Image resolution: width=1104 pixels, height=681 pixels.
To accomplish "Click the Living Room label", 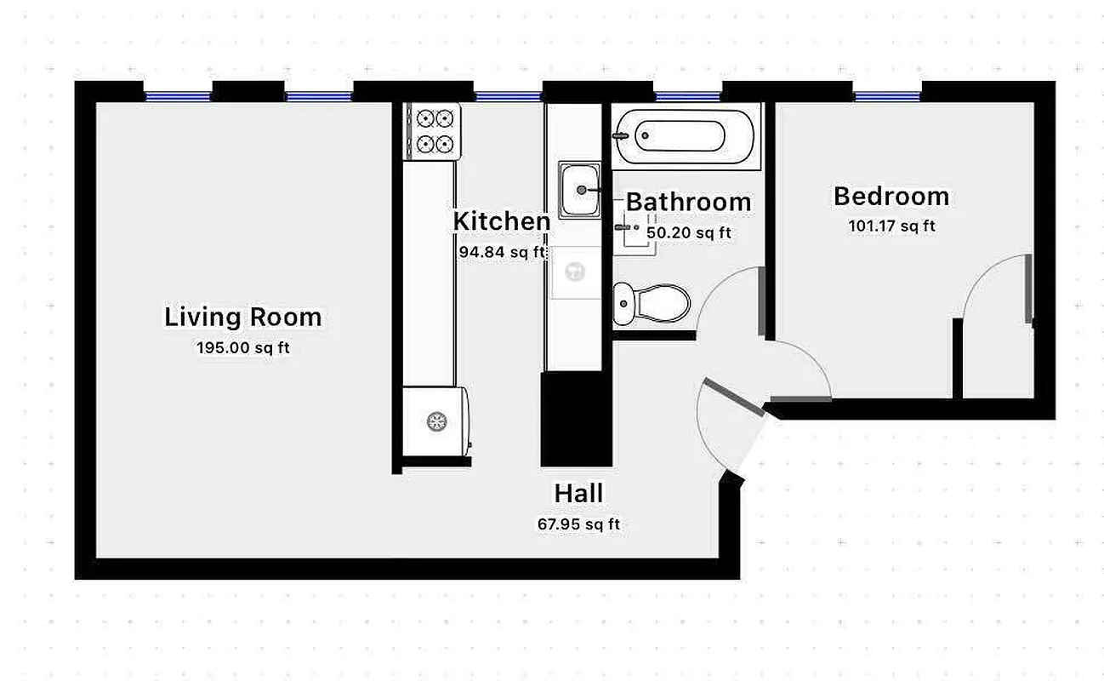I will [x=242, y=318].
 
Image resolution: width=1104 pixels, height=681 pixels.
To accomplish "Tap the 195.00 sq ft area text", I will [x=242, y=347].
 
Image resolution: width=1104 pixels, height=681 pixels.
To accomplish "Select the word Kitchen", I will [x=501, y=220].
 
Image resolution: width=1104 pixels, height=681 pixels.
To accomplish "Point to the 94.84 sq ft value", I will [x=501, y=252].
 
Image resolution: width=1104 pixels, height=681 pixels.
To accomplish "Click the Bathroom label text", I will [x=688, y=202].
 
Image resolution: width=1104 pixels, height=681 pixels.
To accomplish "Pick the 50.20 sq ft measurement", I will [x=688, y=232].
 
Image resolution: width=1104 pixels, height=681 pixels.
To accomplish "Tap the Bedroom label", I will [x=891, y=196].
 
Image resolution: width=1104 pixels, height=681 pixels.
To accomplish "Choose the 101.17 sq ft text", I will [x=891, y=226].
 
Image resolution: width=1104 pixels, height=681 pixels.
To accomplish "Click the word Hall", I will [x=578, y=493].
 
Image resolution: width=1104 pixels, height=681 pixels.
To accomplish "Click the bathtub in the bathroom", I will [x=686, y=135].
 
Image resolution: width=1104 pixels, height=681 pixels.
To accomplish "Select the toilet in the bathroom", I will [x=652, y=303].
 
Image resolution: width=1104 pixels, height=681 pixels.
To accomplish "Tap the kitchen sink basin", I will [x=580, y=190].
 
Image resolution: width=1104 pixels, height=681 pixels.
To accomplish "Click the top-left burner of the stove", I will [x=422, y=118].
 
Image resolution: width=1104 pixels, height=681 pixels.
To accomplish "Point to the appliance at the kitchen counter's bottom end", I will [x=435, y=421].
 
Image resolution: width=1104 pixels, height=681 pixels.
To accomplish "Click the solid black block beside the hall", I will [x=576, y=419].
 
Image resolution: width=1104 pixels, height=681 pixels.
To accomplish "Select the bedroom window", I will [x=887, y=96].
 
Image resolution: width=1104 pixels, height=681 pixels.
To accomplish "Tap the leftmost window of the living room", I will [x=177, y=96].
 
